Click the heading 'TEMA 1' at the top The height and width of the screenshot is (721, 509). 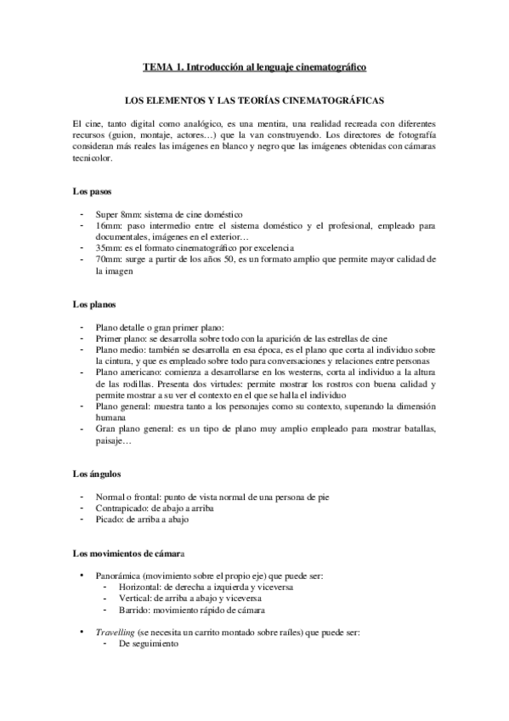coord(167,66)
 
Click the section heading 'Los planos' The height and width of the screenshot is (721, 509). coord(93,304)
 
